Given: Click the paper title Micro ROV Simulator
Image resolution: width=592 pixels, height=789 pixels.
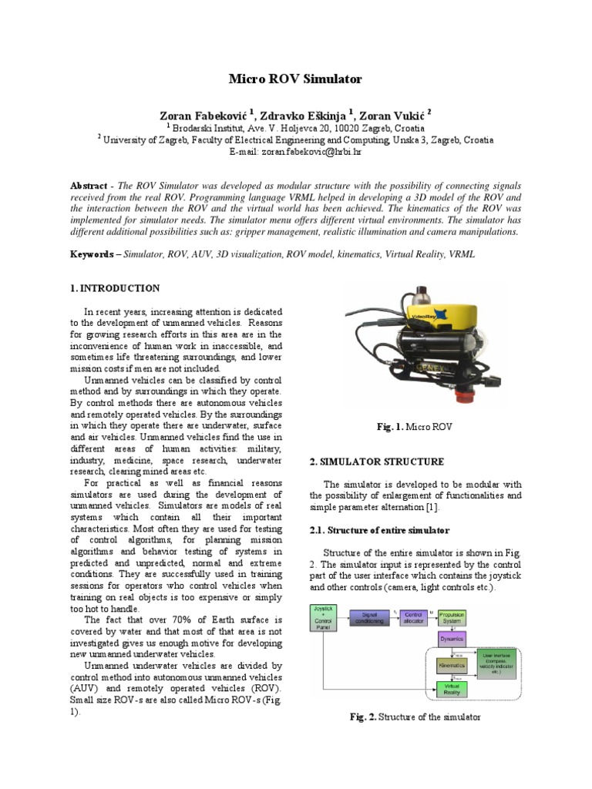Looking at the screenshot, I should tap(295, 79).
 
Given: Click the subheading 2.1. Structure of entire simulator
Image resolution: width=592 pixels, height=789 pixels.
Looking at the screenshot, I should tap(379, 531).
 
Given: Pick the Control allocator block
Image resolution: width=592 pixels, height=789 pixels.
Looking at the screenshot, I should tap(410, 617).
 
